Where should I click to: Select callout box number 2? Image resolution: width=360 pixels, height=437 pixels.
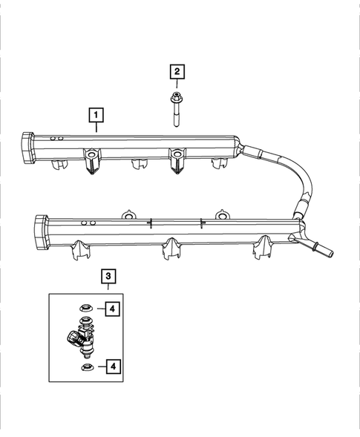point(177,72)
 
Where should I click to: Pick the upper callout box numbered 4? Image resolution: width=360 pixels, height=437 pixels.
point(111,308)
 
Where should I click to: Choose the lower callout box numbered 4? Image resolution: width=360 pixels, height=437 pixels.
point(111,365)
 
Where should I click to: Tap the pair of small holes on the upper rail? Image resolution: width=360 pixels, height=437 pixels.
point(53,139)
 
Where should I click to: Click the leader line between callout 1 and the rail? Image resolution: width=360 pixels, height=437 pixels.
point(96,127)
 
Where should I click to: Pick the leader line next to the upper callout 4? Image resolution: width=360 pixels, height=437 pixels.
point(98,308)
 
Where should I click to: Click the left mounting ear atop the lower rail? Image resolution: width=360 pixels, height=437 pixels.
point(127,215)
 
